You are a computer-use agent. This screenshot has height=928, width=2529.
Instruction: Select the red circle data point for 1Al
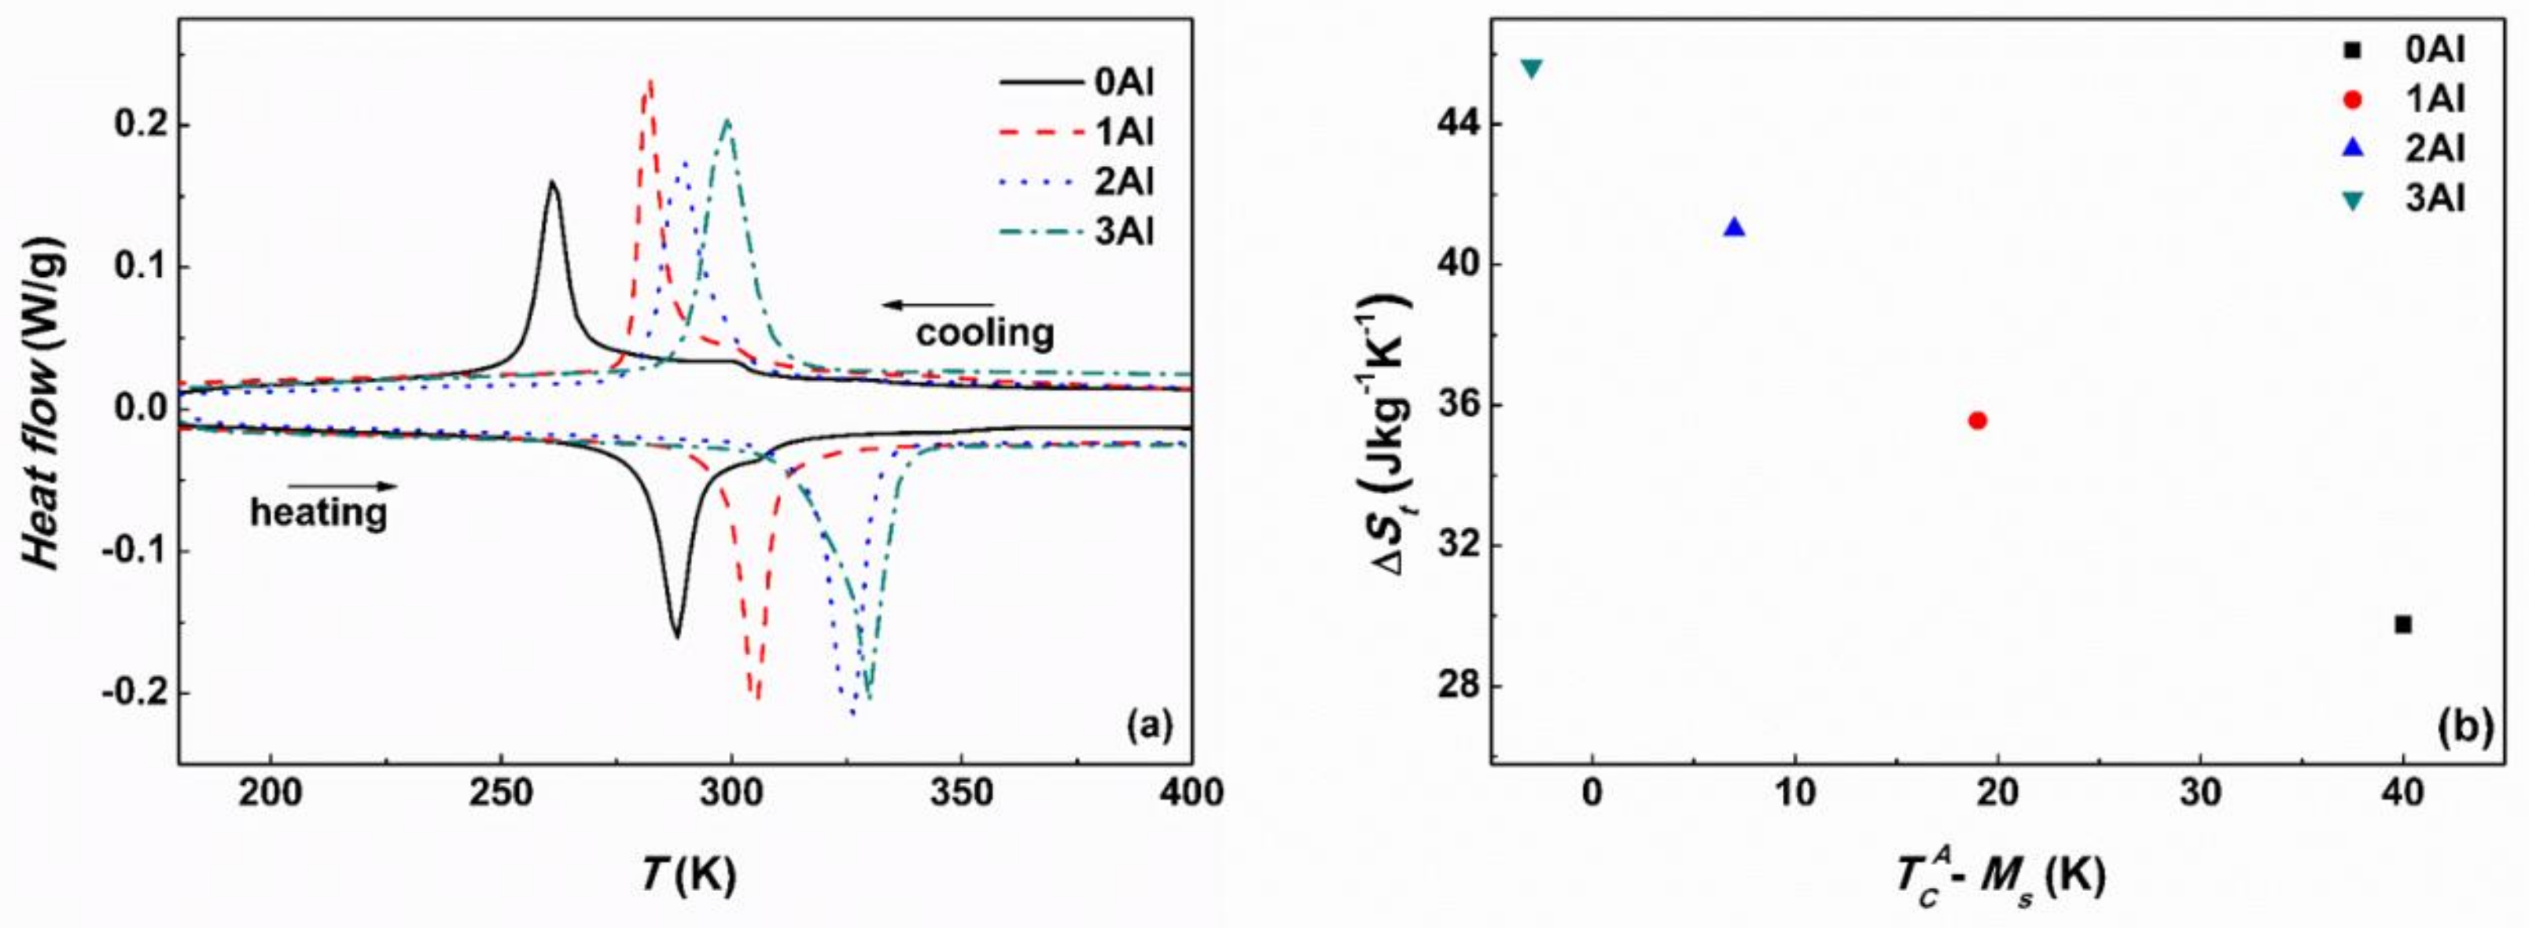[1977, 420]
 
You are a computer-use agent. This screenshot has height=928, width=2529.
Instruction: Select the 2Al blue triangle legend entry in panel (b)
[2425, 149]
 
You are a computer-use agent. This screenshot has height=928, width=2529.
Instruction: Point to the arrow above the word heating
[343, 485]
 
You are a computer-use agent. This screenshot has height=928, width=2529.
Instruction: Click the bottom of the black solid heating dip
[676, 636]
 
